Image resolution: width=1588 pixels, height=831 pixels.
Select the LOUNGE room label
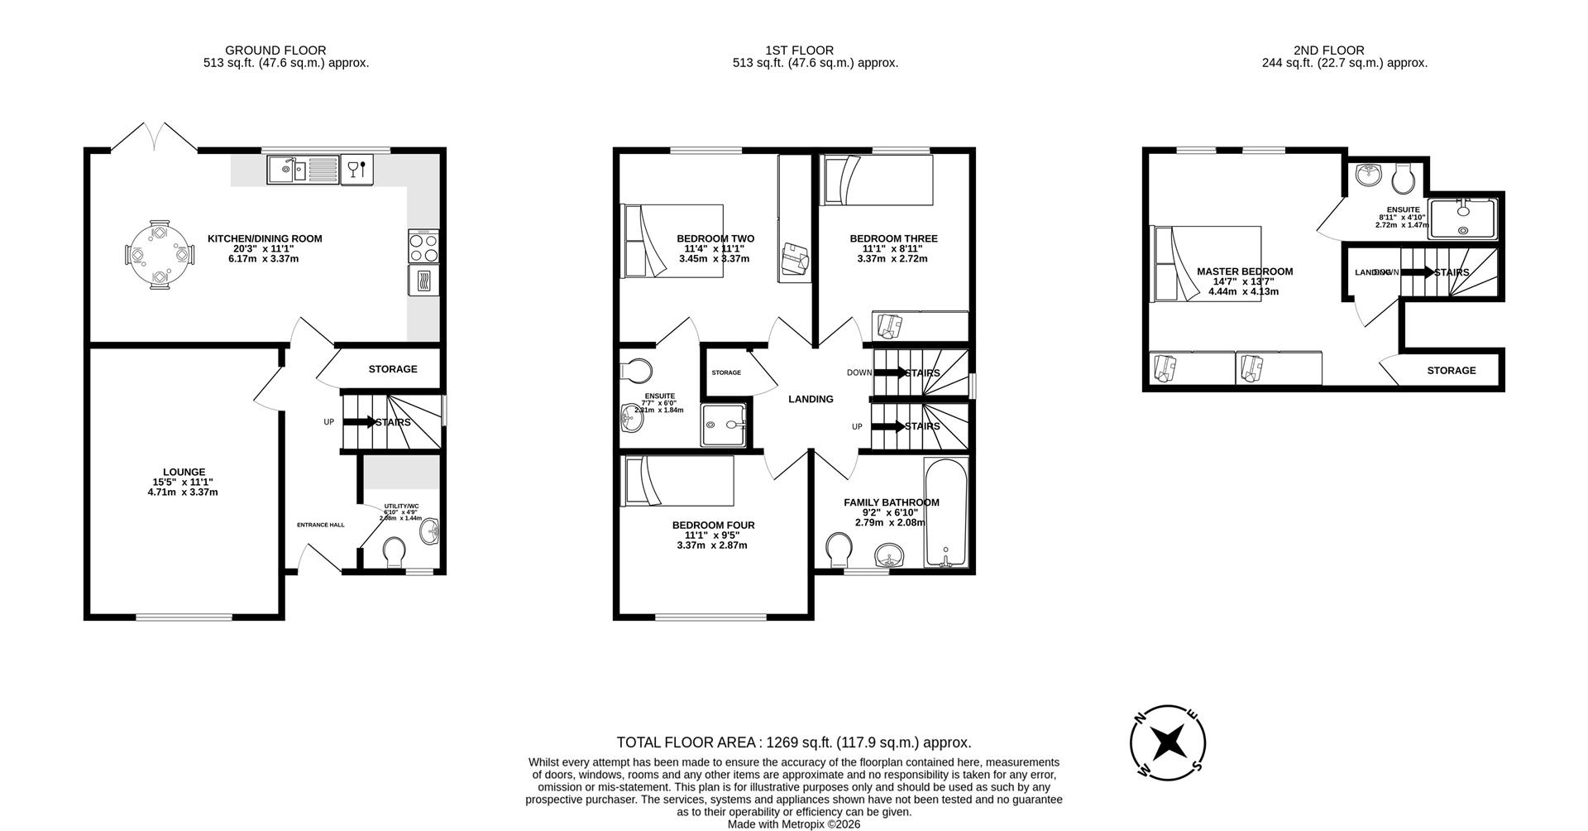click(x=184, y=472)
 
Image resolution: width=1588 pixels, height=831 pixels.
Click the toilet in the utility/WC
click(x=395, y=552)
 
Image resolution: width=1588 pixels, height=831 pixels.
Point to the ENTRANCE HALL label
click(x=321, y=525)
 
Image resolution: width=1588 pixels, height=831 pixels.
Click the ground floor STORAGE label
click(x=393, y=369)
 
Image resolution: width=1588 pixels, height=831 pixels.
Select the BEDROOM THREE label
click(x=893, y=238)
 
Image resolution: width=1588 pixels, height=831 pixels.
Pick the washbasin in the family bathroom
click(x=890, y=555)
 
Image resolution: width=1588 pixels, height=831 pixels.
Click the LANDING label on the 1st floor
click(x=811, y=399)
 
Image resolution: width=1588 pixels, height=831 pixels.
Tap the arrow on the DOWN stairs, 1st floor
click(x=891, y=372)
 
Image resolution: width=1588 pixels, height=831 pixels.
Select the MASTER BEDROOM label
click(x=1244, y=271)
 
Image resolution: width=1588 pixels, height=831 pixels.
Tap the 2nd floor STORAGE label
click(x=1451, y=370)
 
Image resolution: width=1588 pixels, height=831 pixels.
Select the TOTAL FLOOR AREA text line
click(x=793, y=742)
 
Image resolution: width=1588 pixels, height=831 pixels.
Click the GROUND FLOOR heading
click(x=275, y=50)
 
